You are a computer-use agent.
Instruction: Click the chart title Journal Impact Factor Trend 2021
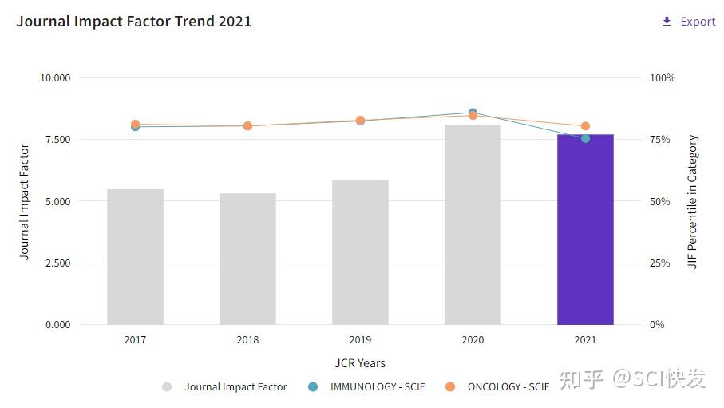(x=134, y=22)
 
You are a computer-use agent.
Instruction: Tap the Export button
(x=689, y=22)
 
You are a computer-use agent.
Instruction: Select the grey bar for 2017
(x=135, y=256)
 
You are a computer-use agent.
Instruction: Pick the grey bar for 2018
(x=247, y=259)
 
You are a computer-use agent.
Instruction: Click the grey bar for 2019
(x=360, y=252)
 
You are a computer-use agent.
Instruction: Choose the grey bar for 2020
(x=473, y=224)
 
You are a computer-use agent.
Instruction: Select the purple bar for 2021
(x=585, y=229)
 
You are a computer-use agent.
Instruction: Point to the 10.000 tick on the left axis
(x=55, y=78)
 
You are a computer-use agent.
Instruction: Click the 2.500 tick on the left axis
(x=55, y=263)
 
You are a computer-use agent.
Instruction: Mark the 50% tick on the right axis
(x=659, y=202)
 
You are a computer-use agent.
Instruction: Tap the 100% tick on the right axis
(x=662, y=78)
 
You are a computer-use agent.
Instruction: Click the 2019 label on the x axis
(x=360, y=340)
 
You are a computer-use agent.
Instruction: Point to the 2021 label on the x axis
(x=585, y=340)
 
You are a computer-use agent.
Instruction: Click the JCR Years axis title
(x=360, y=363)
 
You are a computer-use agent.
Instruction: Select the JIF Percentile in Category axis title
(x=693, y=202)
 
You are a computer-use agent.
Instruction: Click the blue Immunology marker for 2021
(x=585, y=138)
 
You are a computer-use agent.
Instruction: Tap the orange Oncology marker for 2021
(x=585, y=126)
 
